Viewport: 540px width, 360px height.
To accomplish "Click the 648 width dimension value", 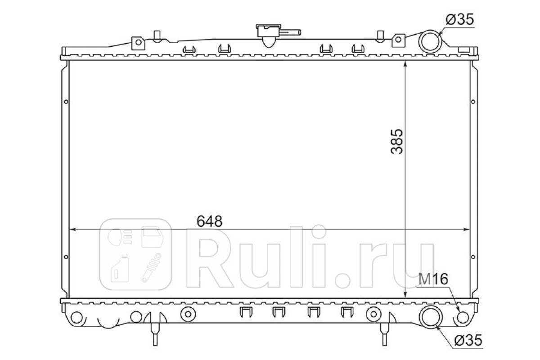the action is point(209,221).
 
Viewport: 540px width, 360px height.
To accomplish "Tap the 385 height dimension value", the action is point(397,142).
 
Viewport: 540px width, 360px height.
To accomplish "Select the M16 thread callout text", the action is point(433,279).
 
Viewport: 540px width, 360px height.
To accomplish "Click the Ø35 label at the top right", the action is point(460,19).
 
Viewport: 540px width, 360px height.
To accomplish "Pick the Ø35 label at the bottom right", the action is point(468,341).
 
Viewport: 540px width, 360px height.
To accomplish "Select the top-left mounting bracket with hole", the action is point(138,43).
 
